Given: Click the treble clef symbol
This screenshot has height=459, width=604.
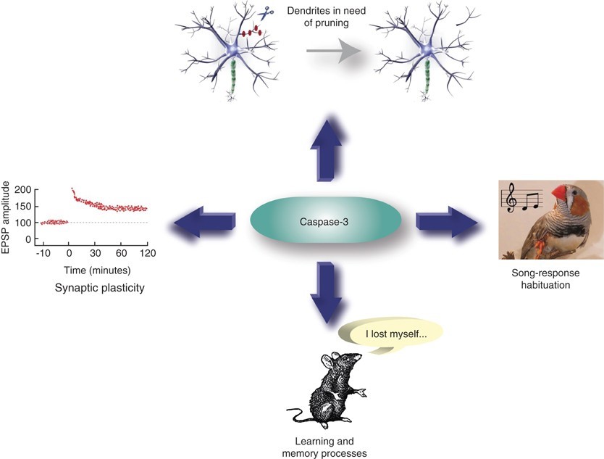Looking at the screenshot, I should pyautogui.click(x=513, y=198).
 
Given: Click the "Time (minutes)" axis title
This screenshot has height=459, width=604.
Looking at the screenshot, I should pyautogui.click(x=96, y=270).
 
